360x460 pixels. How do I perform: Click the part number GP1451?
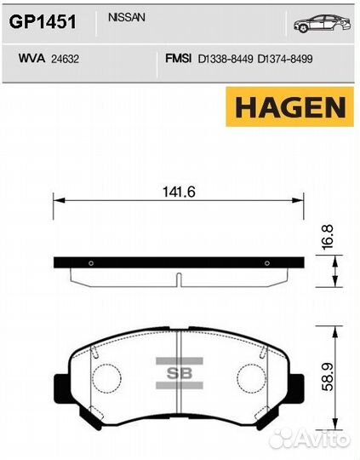coord(43,22)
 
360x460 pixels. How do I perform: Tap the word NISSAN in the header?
coord(127,18)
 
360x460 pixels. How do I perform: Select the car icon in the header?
coord(323,23)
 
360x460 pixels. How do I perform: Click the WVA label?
coord(31,59)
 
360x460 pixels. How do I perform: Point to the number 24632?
coord(65,59)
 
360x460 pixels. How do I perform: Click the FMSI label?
coord(178,59)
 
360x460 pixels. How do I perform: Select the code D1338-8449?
coord(226,59)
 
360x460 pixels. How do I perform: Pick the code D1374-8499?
coord(285,59)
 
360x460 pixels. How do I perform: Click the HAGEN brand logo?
coord(290,106)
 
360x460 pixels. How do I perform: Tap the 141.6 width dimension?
coord(179,193)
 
